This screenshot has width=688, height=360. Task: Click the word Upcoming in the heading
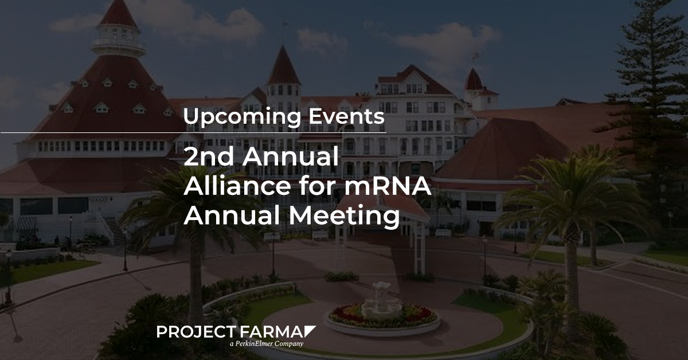point(242,117)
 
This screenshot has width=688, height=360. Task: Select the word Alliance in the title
point(237,186)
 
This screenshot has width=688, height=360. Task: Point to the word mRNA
point(388,186)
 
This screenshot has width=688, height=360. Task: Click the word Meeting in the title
point(345,216)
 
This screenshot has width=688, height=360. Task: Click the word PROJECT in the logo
point(196,332)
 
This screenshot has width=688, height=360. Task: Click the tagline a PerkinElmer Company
point(267,344)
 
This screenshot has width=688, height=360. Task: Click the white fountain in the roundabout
point(381,301)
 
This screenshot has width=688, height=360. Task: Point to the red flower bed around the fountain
point(383,315)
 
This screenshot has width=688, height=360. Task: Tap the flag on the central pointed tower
point(285,24)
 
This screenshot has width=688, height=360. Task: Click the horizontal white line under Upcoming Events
point(194,132)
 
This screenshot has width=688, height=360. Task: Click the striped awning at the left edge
point(26,224)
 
